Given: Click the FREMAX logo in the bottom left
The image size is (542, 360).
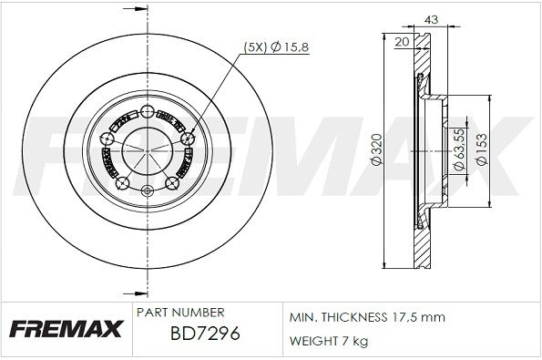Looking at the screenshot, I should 62,331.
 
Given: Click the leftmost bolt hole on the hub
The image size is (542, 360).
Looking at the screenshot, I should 107,139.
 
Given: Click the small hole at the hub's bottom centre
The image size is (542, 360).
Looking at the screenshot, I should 148,190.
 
